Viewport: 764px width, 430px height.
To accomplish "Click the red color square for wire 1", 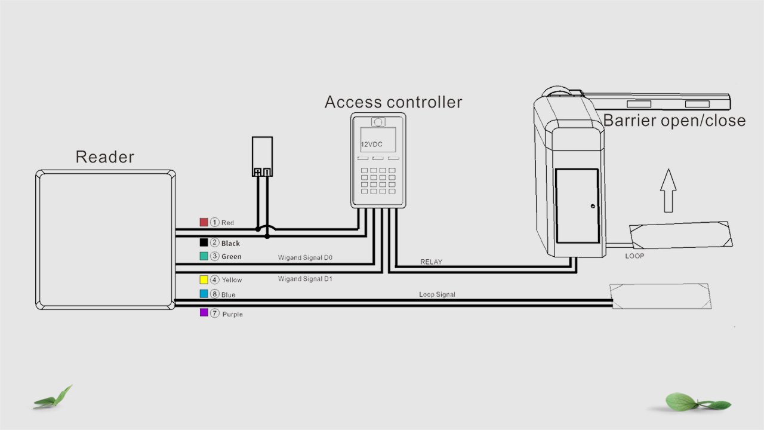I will [204, 222].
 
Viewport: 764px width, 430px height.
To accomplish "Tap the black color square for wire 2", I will [204, 242].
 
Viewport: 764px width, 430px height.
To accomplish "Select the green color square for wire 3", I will [204, 256].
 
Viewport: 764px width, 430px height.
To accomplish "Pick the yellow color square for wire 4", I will [204, 279].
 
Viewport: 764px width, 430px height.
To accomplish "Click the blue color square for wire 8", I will [204, 294].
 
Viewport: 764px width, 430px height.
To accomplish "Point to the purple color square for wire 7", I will [204, 312].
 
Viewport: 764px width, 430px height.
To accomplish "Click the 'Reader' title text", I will [104, 157].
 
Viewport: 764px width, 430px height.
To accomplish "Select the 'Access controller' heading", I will [393, 102].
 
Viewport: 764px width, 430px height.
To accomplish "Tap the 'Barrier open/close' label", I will [674, 121].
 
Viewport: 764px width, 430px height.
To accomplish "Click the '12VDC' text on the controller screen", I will [371, 145].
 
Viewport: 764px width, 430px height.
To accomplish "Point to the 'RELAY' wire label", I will [431, 262].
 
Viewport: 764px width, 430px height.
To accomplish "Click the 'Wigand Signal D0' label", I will [304, 258].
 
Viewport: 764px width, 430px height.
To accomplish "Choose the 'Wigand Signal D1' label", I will [304, 279].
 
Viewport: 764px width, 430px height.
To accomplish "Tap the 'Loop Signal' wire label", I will [437, 294].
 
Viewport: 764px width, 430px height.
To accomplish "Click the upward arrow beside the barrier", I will [668, 190].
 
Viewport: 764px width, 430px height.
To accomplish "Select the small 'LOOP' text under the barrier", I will [634, 256].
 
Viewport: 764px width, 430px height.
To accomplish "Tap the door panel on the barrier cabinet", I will [577, 206].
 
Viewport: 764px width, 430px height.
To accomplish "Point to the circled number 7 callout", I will [215, 313].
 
